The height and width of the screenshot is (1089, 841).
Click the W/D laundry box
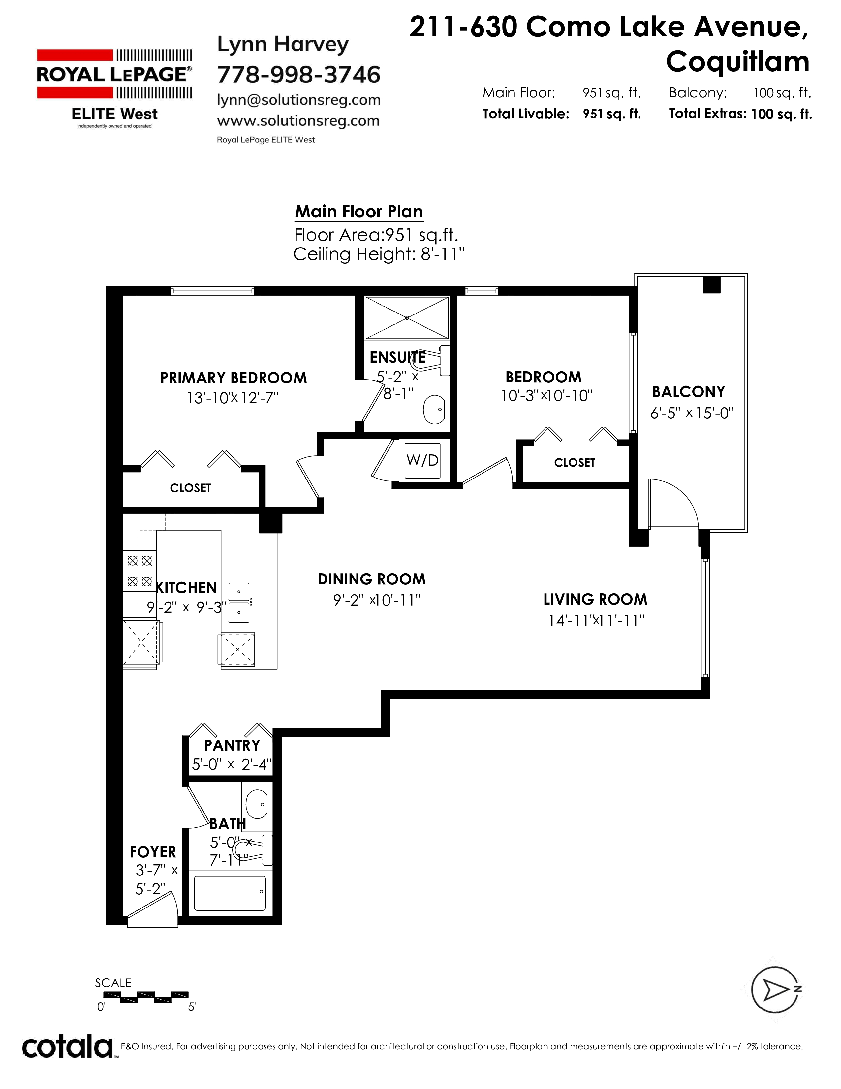422,460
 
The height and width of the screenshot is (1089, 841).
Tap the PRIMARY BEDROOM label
233,378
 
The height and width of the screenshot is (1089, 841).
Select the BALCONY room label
689,392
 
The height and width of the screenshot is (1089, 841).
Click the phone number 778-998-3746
299,75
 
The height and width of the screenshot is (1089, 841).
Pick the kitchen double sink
239,603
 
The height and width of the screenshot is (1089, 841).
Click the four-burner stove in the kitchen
140,571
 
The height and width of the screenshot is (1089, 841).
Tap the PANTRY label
232,745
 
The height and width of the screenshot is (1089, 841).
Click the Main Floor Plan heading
359,212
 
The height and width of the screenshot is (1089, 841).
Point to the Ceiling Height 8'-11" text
379,254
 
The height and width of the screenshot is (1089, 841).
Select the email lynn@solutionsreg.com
299,100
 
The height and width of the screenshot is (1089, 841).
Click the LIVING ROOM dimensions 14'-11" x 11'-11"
596,620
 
